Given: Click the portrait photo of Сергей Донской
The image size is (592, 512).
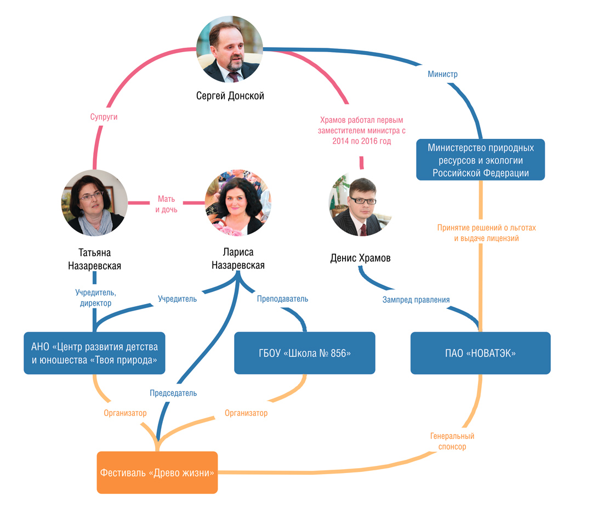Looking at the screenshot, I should point(230,49).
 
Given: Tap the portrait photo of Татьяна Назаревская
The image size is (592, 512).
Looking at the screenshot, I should point(94,202).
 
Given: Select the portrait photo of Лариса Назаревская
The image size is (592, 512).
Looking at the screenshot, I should point(238,202).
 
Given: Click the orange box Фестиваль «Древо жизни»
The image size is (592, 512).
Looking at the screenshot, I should point(157,472).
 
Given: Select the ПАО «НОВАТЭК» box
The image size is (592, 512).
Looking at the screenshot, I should point(481,353).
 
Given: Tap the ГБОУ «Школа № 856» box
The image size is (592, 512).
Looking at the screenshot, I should point(305,353).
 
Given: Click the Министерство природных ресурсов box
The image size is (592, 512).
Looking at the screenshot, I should point(481,160).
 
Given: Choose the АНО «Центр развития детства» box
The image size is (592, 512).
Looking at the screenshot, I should point(94,353).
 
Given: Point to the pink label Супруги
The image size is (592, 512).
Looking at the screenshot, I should point(104,117).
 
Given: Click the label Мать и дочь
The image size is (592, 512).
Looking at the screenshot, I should point(166,204).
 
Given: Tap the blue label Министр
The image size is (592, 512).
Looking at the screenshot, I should point(442,74).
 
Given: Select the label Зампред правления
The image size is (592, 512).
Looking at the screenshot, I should point(416,300).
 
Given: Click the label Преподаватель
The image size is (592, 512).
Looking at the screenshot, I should point(282,299).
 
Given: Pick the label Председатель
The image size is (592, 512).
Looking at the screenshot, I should point(173,393).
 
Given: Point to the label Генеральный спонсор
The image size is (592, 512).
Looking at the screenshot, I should point(452,441).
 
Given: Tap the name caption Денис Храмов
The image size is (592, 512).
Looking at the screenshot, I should point(361,258).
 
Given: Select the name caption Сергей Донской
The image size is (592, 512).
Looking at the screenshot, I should point(230,96).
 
